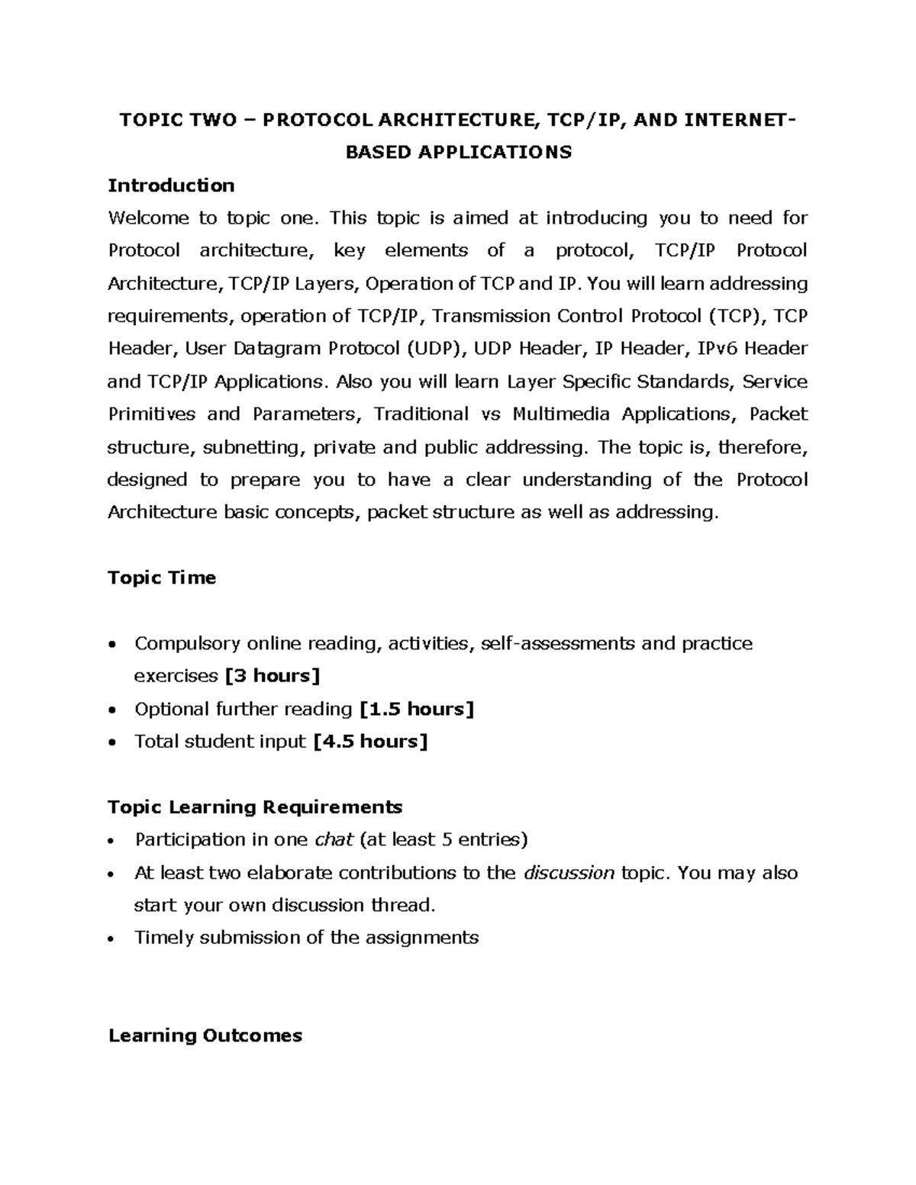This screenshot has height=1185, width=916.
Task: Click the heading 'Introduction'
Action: pyautogui.click(x=171, y=185)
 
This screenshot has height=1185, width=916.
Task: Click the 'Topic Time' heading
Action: pyautogui.click(x=162, y=578)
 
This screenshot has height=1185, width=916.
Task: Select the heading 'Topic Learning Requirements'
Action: pyautogui.click(x=255, y=807)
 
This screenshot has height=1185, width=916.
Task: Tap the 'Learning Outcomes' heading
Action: pyautogui.click(x=205, y=1035)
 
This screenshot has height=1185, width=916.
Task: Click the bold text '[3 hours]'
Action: pyautogui.click(x=272, y=676)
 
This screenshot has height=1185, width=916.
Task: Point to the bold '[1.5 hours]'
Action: pyautogui.click(x=417, y=709)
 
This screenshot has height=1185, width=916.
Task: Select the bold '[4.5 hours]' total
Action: pyautogui.click(x=371, y=741)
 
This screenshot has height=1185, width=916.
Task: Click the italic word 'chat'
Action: pyautogui.click(x=334, y=840)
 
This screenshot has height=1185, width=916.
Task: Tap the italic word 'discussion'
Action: pyautogui.click(x=569, y=873)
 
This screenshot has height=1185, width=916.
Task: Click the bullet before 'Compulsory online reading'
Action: pyautogui.click(x=113, y=645)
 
